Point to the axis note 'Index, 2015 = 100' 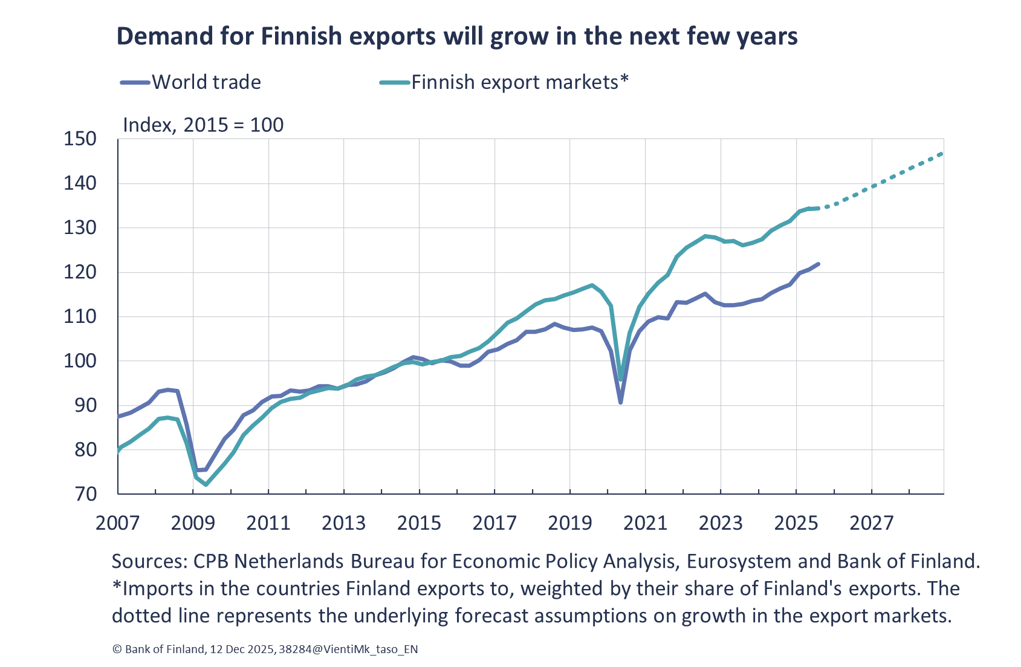pos(203,125)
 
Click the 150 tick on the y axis pos(80,139)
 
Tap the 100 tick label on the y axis pos(80,361)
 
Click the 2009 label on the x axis pos(193,523)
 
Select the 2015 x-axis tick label pos(419,523)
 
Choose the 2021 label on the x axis pos(645,523)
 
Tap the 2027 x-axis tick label pos(871,523)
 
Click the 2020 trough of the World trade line pos(621,403)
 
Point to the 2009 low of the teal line pos(206,485)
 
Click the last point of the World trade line pos(818,264)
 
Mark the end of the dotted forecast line pos(942,154)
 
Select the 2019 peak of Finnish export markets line pos(592,285)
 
